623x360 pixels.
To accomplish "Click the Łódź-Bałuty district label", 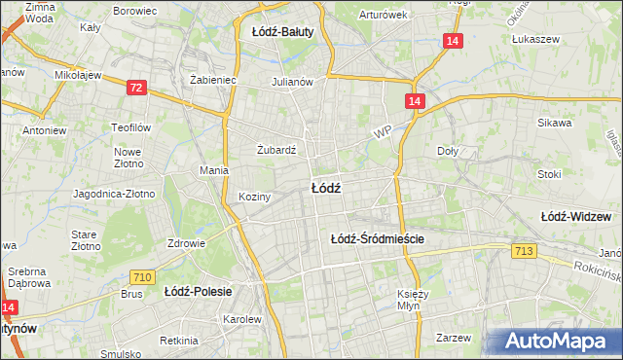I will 282,32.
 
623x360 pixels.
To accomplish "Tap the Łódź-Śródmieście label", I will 379,238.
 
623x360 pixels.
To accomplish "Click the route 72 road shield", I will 136,88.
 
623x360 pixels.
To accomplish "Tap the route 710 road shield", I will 141,277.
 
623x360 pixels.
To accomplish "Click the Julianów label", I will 292,82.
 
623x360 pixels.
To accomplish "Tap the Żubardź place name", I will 275,151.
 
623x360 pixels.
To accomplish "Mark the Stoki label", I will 549,175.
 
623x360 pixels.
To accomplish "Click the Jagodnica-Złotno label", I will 114,194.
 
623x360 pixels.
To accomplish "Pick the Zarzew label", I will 454,338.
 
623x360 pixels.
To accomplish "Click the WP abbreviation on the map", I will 381,129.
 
